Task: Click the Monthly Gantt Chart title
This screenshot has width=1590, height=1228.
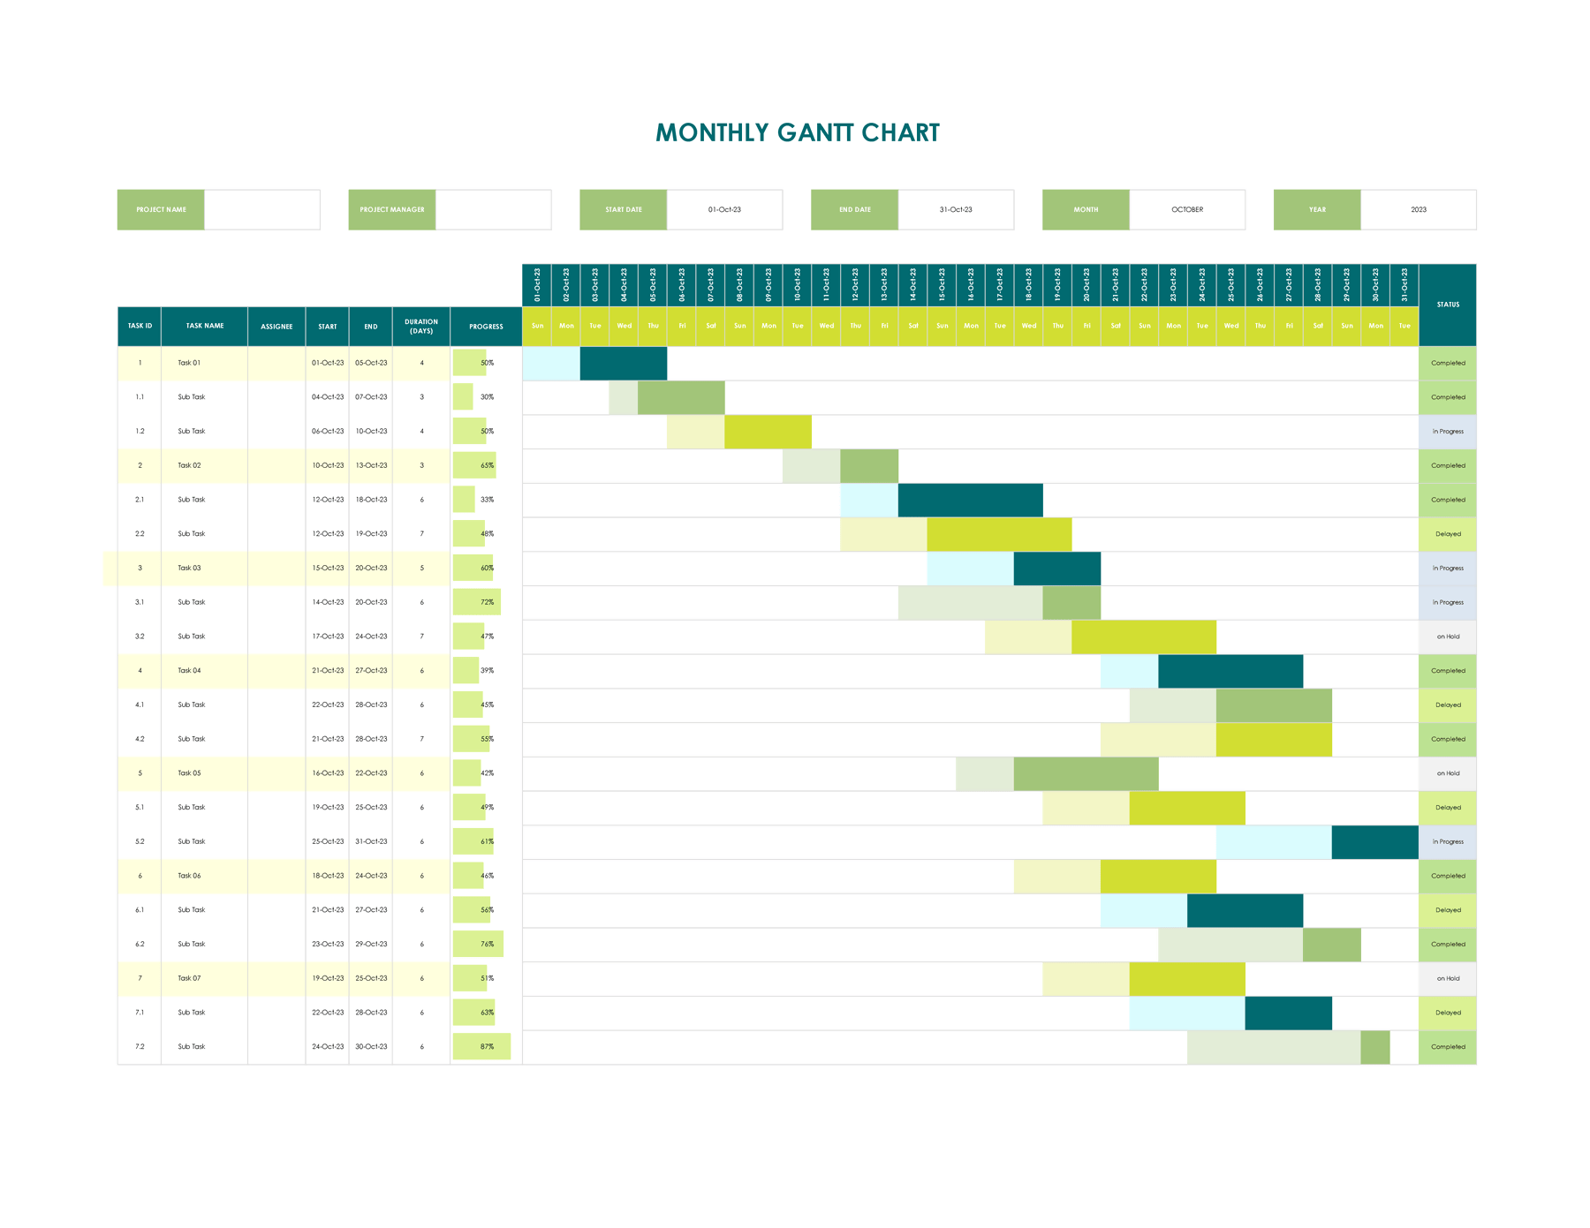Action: [x=797, y=133]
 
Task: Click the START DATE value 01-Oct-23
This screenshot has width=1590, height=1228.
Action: [x=723, y=210]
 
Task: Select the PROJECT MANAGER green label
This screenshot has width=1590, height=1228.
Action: [x=391, y=210]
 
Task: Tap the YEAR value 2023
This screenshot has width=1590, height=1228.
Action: [x=1418, y=210]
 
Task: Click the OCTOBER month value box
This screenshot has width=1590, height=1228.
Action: [x=1186, y=210]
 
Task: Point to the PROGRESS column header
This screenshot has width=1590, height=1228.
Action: [x=486, y=327]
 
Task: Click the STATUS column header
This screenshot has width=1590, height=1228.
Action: [x=1447, y=305]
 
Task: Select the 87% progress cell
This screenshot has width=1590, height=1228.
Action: [x=482, y=1047]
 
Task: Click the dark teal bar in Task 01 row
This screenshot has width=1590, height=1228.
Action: [x=623, y=363]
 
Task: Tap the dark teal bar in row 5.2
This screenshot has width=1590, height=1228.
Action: [x=1374, y=842]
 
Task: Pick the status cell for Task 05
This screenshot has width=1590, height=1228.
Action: [x=1447, y=773]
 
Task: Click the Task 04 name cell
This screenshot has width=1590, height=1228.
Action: [x=203, y=671]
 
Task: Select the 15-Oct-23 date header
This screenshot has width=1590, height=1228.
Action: [x=942, y=285]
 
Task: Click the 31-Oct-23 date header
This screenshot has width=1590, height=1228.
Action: [x=1404, y=285]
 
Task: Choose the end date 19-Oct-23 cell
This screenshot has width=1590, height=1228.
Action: [x=371, y=534]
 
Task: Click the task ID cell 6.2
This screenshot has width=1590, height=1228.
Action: [x=140, y=945]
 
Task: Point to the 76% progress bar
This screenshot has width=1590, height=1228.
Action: [x=478, y=945]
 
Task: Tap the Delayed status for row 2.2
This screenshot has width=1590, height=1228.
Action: [x=1447, y=534]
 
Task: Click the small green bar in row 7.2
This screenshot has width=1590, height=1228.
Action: [x=1374, y=1047]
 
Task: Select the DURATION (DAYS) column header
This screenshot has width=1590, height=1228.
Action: [x=421, y=327]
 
